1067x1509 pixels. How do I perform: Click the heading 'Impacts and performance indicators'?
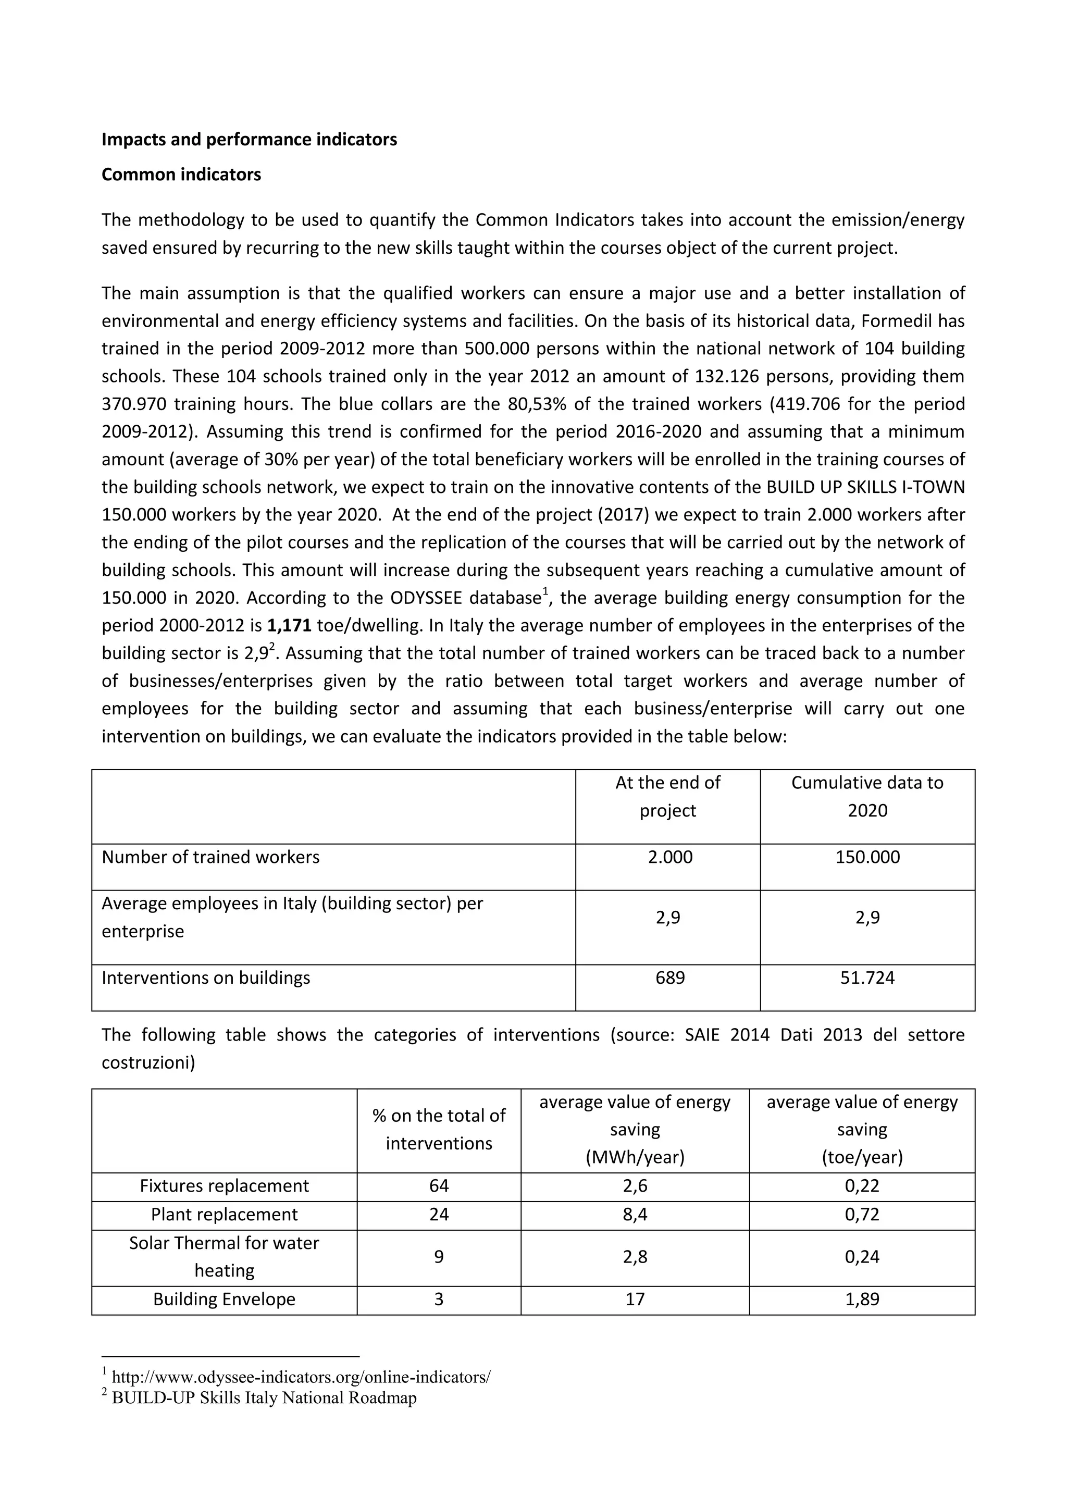[x=249, y=139]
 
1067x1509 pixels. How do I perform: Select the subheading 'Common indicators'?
[x=181, y=175]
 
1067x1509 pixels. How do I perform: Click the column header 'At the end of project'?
[x=667, y=797]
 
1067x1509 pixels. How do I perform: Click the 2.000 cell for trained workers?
[x=669, y=857]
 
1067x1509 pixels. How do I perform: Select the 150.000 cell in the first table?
[x=867, y=857]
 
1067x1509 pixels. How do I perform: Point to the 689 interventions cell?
[x=669, y=978]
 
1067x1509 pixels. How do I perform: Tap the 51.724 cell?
[x=867, y=978]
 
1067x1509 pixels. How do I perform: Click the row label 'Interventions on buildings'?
[x=206, y=978]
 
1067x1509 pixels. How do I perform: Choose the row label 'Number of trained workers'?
[x=210, y=857]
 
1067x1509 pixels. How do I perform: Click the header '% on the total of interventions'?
[x=439, y=1130]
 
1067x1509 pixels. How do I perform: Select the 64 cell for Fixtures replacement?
[x=439, y=1186]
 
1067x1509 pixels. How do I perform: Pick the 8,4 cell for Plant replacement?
[x=635, y=1215]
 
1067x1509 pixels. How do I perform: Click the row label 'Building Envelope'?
[x=224, y=1300]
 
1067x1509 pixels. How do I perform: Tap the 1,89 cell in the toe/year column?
[x=862, y=1300]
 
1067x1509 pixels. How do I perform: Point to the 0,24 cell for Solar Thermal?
[x=862, y=1257]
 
